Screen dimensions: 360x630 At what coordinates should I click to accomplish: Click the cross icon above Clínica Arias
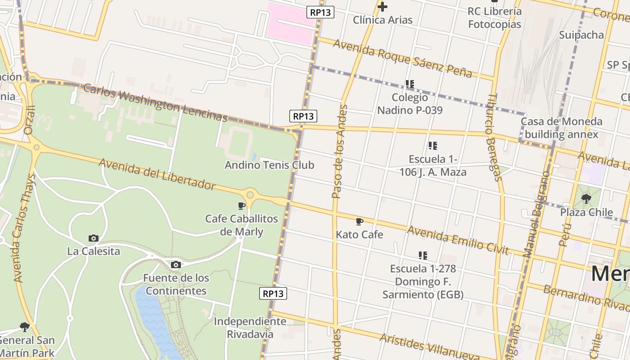[x=382, y=7]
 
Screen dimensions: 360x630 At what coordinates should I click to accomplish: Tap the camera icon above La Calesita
[x=94, y=238]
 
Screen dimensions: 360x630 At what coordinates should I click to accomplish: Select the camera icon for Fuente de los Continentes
[x=176, y=265]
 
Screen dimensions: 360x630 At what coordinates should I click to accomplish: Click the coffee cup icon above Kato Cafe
[x=359, y=221]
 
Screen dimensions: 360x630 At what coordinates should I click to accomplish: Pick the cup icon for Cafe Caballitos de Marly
[x=242, y=206]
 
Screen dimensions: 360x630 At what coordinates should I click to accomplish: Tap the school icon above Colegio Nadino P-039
[x=409, y=84]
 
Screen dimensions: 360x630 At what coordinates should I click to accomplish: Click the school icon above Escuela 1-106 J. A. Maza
[x=433, y=145]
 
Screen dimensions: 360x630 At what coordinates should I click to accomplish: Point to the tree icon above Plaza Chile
[x=586, y=198]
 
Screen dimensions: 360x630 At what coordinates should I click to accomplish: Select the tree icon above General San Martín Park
[x=25, y=327]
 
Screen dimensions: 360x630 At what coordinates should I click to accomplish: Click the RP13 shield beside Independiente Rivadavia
[x=273, y=294]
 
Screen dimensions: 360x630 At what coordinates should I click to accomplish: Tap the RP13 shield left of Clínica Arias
[x=320, y=12]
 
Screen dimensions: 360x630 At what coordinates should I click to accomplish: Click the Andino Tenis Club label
[x=269, y=165]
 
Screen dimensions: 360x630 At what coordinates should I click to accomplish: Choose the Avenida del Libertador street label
[x=157, y=174]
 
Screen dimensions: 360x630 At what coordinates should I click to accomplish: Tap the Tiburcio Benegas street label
[x=494, y=137]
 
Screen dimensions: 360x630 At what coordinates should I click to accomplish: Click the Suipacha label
[x=581, y=35]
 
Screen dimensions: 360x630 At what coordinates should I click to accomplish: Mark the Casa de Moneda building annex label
[x=561, y=128]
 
